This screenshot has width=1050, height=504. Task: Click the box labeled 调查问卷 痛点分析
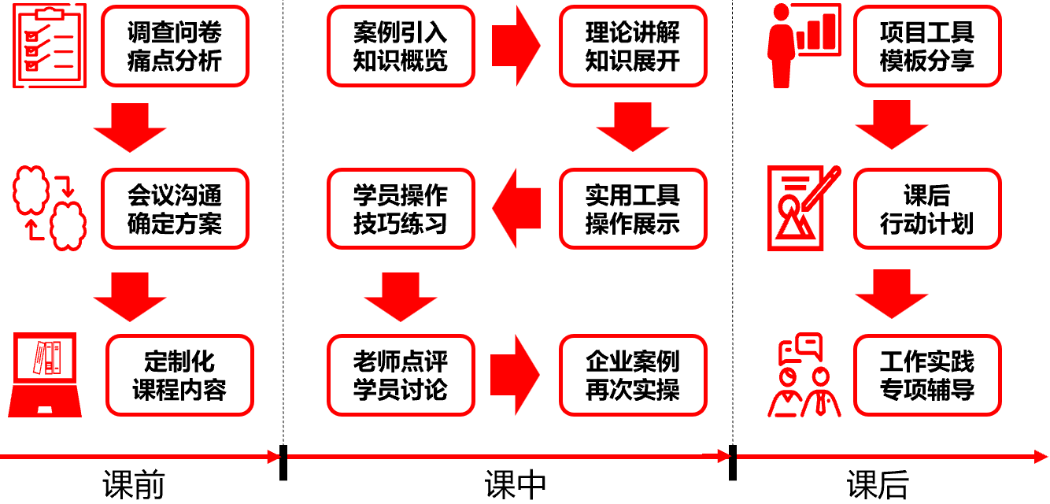pyautogui.click(x=175, y=46)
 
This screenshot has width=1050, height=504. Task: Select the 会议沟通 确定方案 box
pyautogui.click(x=175, y=209)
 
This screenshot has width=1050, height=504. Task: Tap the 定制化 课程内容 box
pyautogui.click(x=179, y=376)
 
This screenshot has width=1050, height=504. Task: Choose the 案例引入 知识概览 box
pyautogui.click(x=401, y=46)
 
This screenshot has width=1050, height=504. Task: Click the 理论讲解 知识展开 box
pyautogui.click(x=633, y=46)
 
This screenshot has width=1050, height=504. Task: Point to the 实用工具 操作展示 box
pyautogui.click(x=633, y=209)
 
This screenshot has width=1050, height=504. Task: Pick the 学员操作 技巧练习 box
pyautogui.click(x=401, y=209)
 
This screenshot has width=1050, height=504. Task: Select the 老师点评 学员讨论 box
pyautogui.click(x=401, y=376)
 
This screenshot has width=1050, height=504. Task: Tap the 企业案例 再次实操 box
pyautogui.click(x=633, y=376)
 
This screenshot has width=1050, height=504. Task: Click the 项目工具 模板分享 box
pyautogui.click(x=927, y=46)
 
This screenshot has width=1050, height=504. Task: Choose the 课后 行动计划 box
pyautogui.click(x=927, y=209)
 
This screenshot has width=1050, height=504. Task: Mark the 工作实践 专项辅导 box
pyautogui.click(x=927, y=376)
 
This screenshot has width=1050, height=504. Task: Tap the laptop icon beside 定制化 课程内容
pyautogui.click(x=45, y=375)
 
